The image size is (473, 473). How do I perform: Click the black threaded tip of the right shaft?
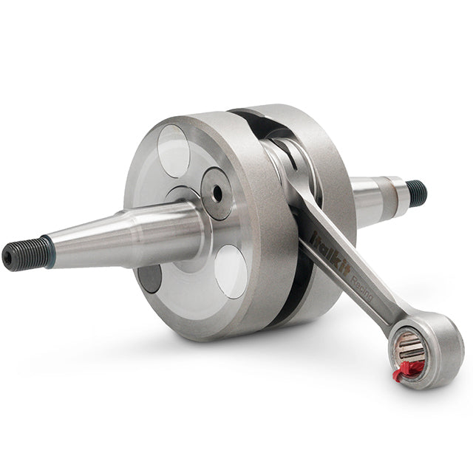pyautogui.click(x=417, y=193)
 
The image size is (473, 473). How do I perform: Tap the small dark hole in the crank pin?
pyautogui.click(x=217, y=194)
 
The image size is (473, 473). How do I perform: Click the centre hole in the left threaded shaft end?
pyautogui.click(x=8, y=258)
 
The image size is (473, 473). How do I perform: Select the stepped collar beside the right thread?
pyautogui.click(x=398, y=194)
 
